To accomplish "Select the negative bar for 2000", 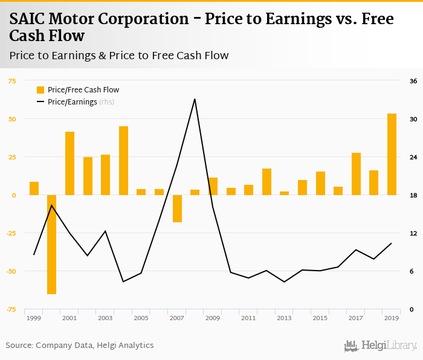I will click(51, 244).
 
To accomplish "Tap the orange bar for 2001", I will click(69, 163).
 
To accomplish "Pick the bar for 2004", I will click(123, 161).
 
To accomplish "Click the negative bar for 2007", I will click(177, 208).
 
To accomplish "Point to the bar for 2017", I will click(356, 174).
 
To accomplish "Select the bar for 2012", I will click(266, 182).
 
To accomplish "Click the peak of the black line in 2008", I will click(195, 99).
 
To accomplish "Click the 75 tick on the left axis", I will click(12, 81).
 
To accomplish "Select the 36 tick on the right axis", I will click(413, 81).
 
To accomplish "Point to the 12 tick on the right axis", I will click(413, 233).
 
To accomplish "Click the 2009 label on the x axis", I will click(212, 318).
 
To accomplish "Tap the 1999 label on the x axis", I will click(34, 318).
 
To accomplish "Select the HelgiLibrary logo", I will click(380, 346).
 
